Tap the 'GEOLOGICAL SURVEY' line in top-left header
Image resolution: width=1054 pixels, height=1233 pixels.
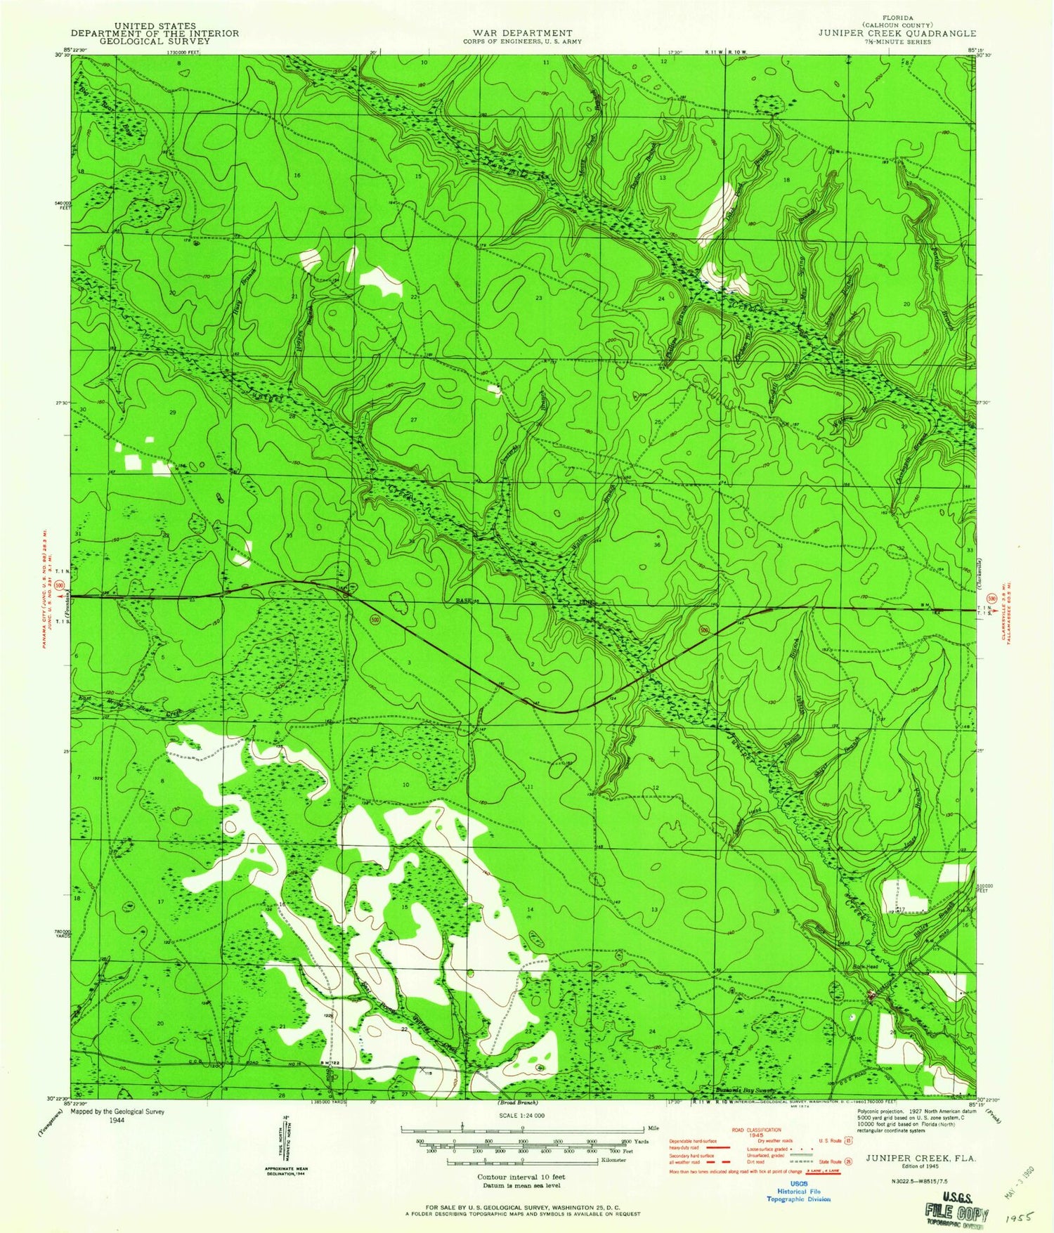tap(155, 41)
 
